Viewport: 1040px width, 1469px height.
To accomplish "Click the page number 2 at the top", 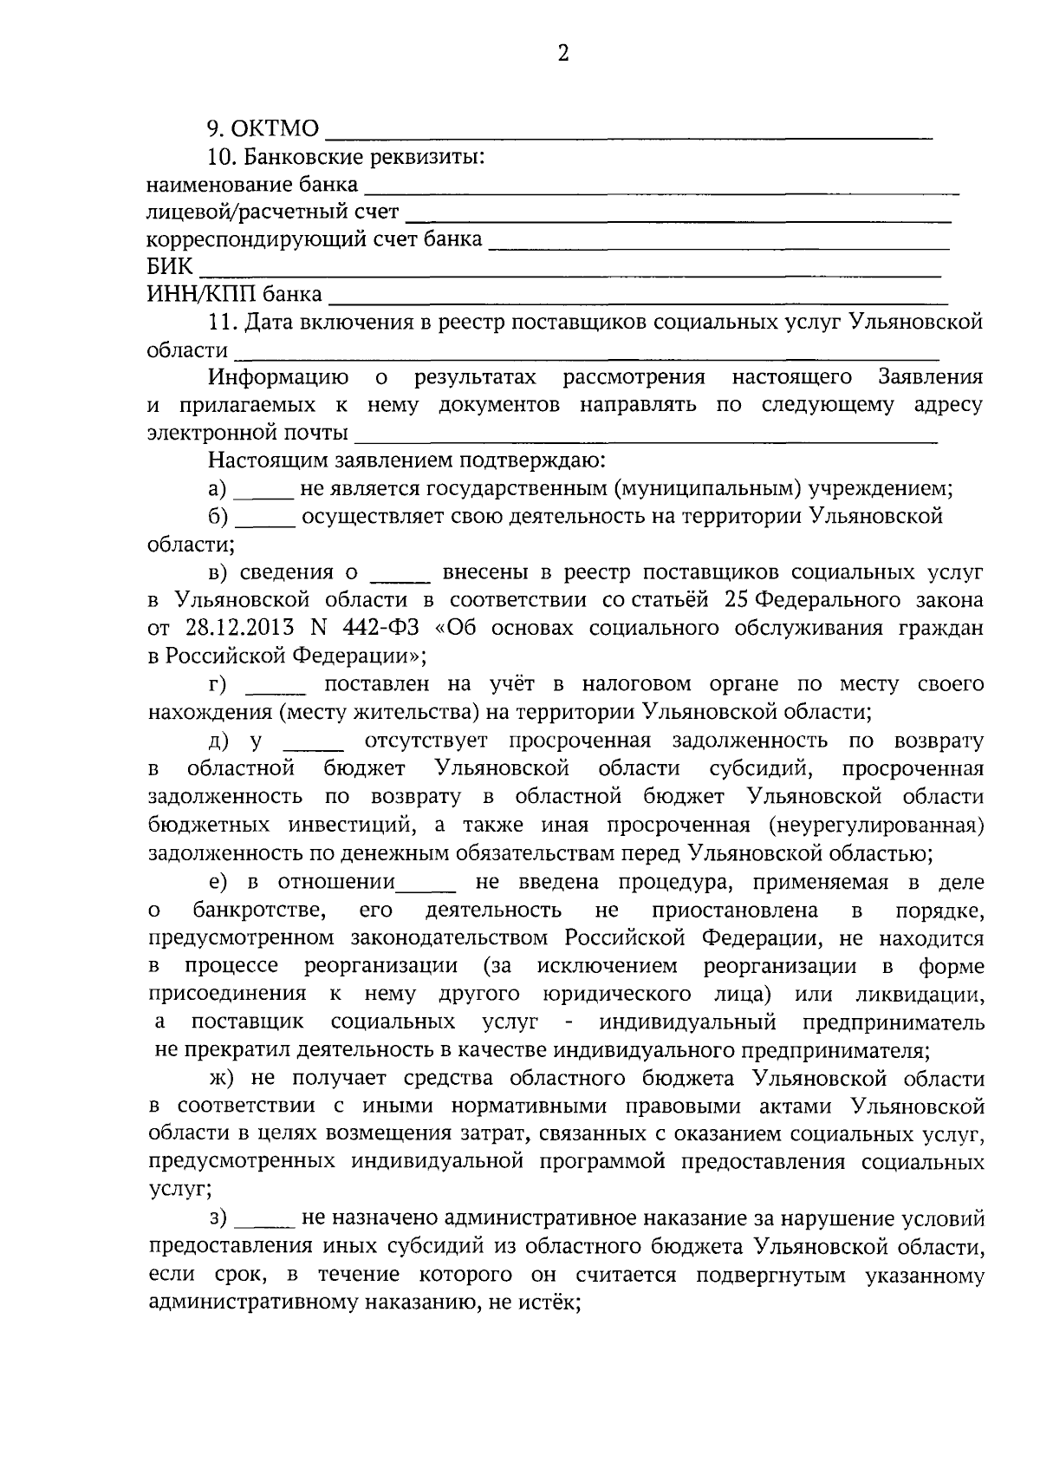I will click(563, 54).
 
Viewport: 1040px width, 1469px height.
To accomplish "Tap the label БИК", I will click(170, 266).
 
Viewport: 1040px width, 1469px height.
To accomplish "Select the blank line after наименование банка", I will click(661, 190).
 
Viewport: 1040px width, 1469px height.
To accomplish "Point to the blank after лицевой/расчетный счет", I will click(679, 218).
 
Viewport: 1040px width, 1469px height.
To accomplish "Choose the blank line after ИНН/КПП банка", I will click(639, 301).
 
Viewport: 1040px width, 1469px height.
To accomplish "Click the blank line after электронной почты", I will click(647, 440).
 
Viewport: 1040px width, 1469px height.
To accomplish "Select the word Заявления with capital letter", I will click(930, 377).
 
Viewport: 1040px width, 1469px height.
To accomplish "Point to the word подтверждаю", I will click(527, 460).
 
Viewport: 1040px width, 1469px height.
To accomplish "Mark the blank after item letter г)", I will click(276, 690).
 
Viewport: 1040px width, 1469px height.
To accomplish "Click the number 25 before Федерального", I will click(737, 600).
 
